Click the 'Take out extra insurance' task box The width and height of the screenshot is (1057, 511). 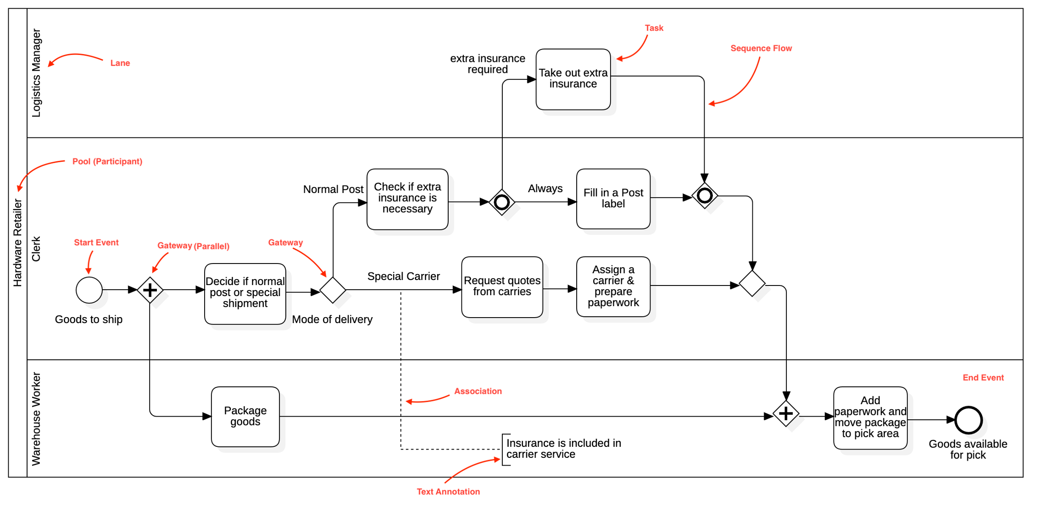(x=573, y=79)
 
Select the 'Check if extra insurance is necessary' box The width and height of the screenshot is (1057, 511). (x=407, y=199)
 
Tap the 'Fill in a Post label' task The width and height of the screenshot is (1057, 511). (x=613, y=198)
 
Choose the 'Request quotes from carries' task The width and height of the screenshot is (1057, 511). (x=502, y=286)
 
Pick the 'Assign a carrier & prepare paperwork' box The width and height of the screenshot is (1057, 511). (x=613, y=286)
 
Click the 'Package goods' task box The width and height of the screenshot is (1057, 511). (x=245, y=416)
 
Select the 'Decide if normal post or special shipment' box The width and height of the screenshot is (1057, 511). (x=245, y=293)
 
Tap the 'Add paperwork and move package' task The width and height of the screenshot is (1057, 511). (x=870, y=418)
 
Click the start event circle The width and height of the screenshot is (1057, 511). (x=89, y=290)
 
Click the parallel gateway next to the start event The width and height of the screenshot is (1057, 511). (x=150, y=290)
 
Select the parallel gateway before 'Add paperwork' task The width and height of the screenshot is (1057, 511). (x=786, y=413)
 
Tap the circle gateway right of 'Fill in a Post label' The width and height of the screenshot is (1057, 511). (x=705, y=196)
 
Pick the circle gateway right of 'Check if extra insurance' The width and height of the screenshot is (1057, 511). (x=502, y=202)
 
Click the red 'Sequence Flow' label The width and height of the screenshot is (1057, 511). (x=761, y=48)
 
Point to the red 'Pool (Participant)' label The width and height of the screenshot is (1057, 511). (x=107, y=161)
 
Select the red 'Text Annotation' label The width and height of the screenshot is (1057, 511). (x=448, y=492)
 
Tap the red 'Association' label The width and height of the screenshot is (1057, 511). (x=478, y=391)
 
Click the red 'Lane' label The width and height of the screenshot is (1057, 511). (x=120, y=63)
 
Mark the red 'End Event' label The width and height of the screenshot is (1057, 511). (x=983, y=378)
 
